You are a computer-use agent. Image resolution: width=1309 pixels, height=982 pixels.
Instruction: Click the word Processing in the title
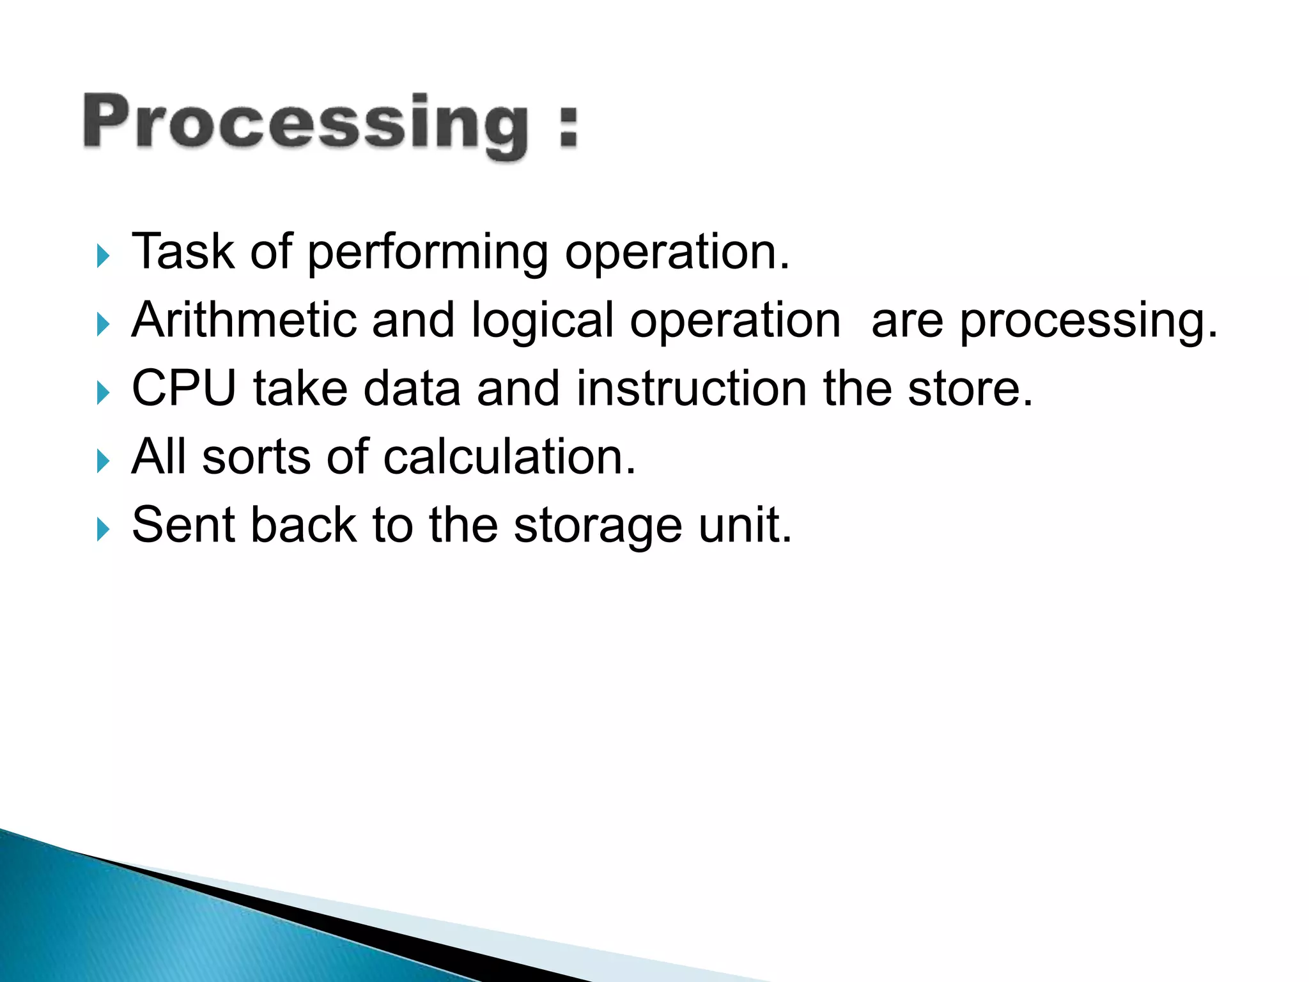[306, 123]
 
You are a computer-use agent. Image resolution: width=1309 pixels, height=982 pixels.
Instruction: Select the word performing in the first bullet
[428, 253]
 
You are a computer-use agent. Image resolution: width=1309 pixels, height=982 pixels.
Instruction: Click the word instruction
[692, 388]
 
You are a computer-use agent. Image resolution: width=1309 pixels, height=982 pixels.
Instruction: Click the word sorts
[256, 457]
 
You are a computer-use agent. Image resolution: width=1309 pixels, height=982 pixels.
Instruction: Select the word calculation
[509, 457]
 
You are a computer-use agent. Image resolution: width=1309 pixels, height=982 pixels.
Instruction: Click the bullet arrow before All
[103, 461]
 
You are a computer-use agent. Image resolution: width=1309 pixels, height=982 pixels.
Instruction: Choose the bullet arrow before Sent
[103, 529]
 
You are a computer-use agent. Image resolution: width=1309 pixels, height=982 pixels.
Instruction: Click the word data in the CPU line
[412, 388]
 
